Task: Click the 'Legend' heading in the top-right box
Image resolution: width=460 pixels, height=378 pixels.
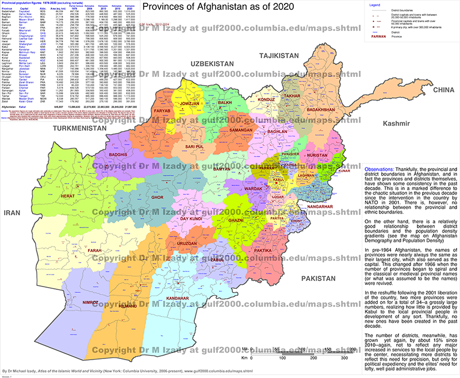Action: click(x=374, y=4)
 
